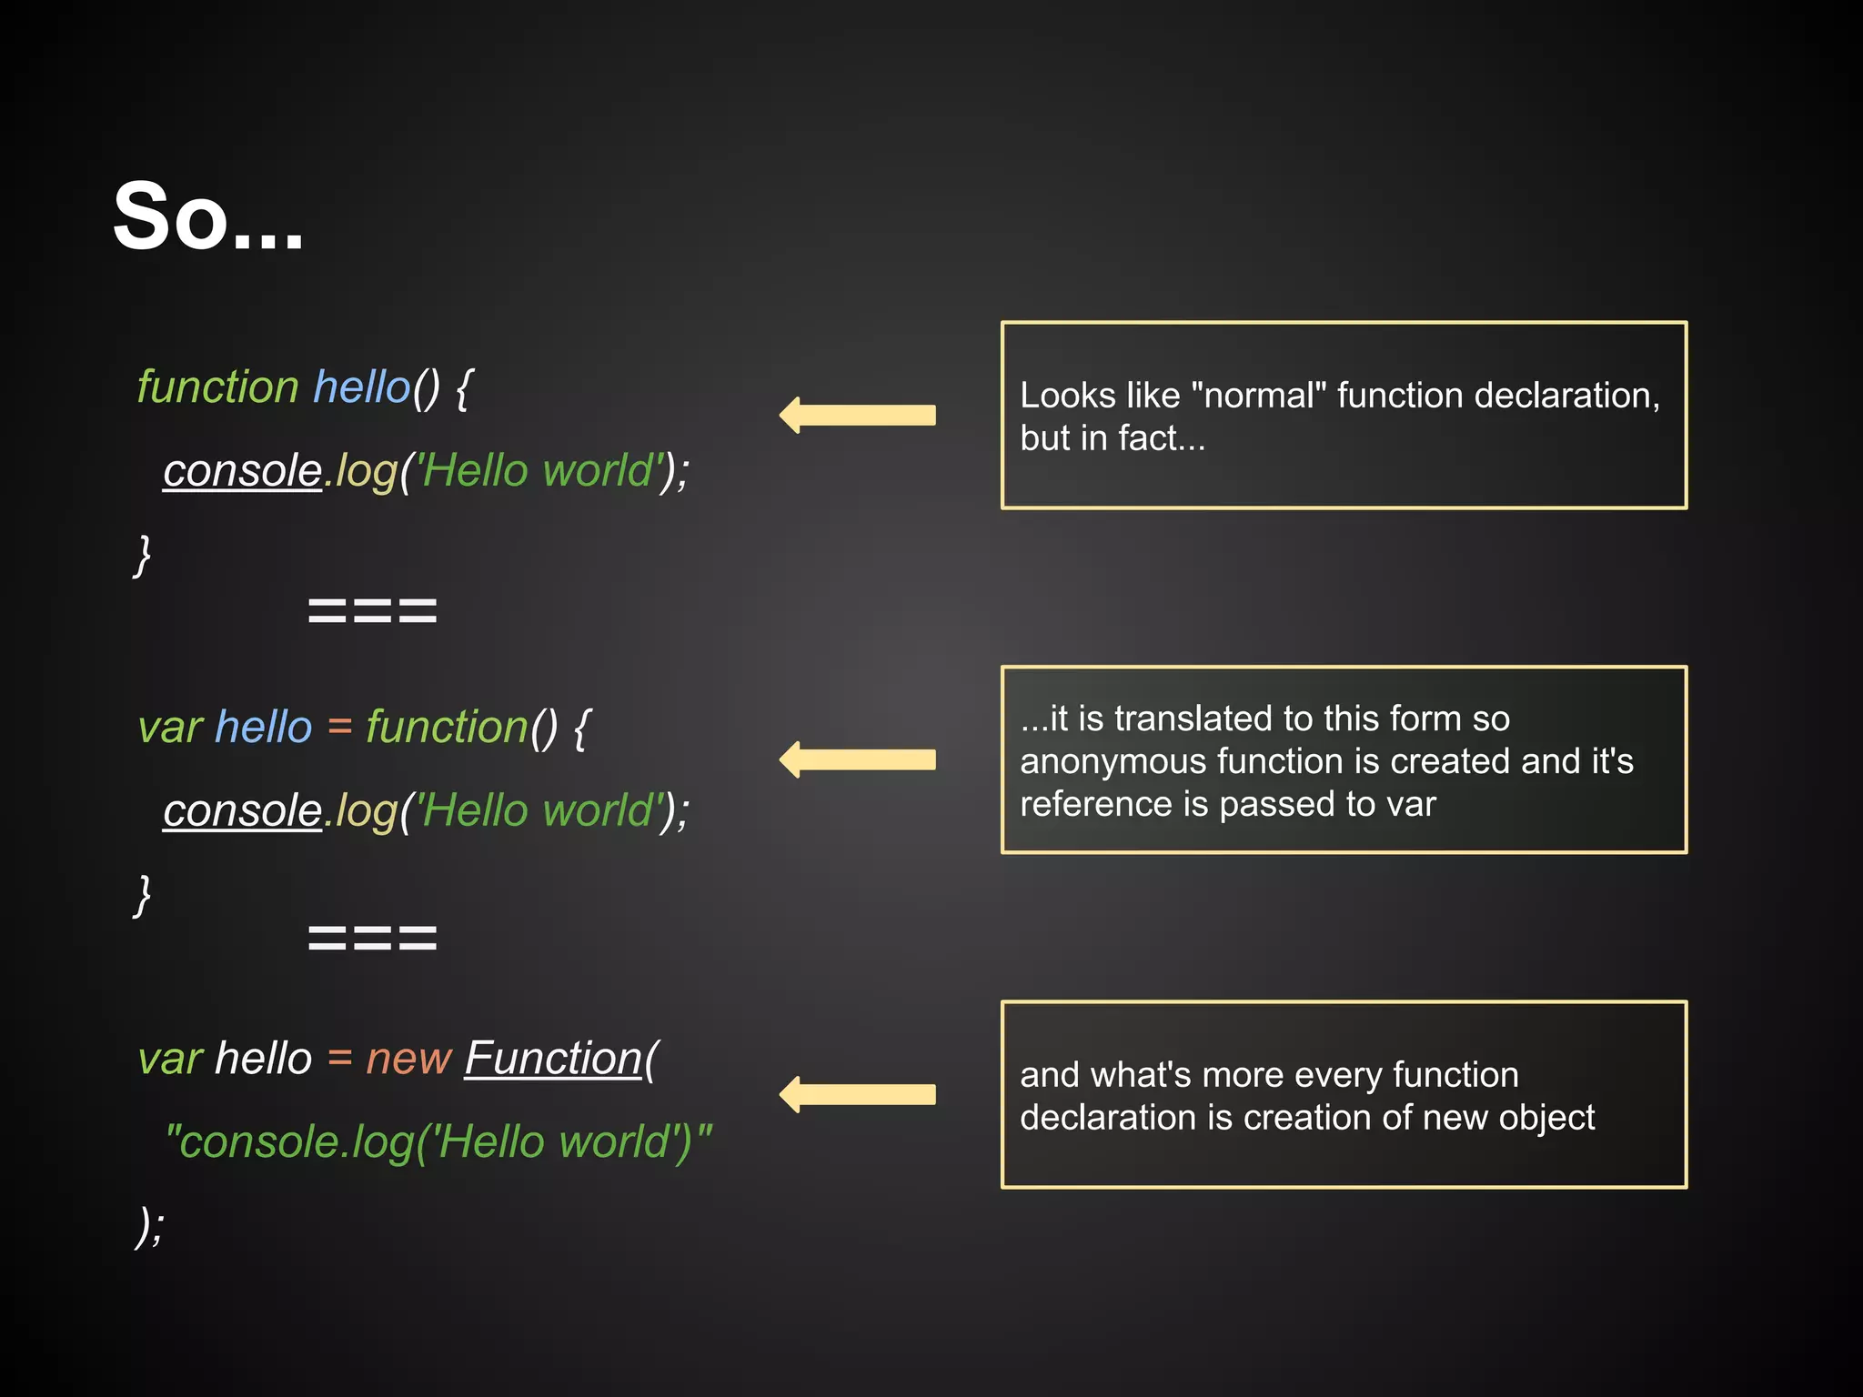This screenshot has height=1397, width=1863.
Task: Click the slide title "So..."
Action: coord(207,216)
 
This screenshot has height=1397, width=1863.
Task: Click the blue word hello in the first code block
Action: coord(361,387)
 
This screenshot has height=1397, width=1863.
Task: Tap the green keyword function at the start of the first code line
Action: coord(217,387)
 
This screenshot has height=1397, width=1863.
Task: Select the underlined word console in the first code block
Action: coord(242,471)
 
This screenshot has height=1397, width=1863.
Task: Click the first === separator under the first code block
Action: coord(372,610)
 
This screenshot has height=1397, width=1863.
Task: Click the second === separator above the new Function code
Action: coord(372,938)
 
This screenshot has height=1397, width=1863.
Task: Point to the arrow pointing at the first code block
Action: coord(857,415)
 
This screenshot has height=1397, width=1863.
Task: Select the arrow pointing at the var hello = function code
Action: coord(857,759)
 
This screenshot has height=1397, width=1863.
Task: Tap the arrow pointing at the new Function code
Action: coord(857,1094)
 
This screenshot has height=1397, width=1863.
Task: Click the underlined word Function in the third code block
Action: coord(553,1059)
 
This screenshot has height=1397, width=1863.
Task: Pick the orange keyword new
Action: coord(408,1059)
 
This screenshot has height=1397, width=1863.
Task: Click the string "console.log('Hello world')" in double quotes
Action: coord(438,1142)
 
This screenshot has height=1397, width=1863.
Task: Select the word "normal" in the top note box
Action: coord(1258,396)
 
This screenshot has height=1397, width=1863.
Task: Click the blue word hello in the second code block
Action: coord(264,728)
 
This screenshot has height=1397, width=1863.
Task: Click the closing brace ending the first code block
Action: coord(143,555)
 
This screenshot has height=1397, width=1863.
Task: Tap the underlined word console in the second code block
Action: coord(242,811)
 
